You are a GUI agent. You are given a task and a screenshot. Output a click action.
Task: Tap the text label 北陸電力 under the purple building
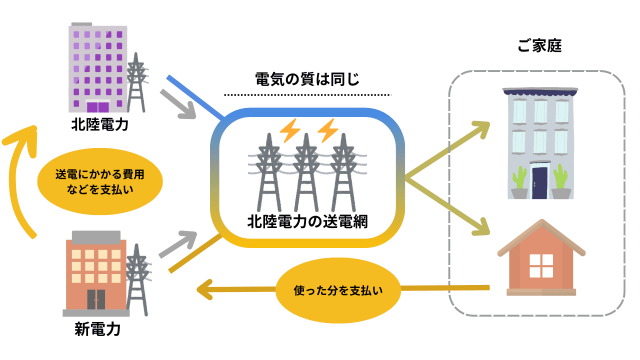pos(99,127)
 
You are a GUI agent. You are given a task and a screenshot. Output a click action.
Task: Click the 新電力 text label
pos(98,327)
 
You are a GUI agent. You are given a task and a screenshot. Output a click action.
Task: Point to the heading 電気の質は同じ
pos(305,79)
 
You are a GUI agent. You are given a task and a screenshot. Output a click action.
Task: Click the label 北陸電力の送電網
pos(305,222)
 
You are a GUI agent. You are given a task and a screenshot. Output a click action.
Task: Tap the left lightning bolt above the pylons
pos(289,131)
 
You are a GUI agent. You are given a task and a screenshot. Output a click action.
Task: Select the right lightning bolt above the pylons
pos(327,131)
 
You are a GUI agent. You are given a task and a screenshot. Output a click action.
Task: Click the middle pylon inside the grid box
pos(306,172)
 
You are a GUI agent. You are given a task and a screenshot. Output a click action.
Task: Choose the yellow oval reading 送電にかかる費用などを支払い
pos(97,182)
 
